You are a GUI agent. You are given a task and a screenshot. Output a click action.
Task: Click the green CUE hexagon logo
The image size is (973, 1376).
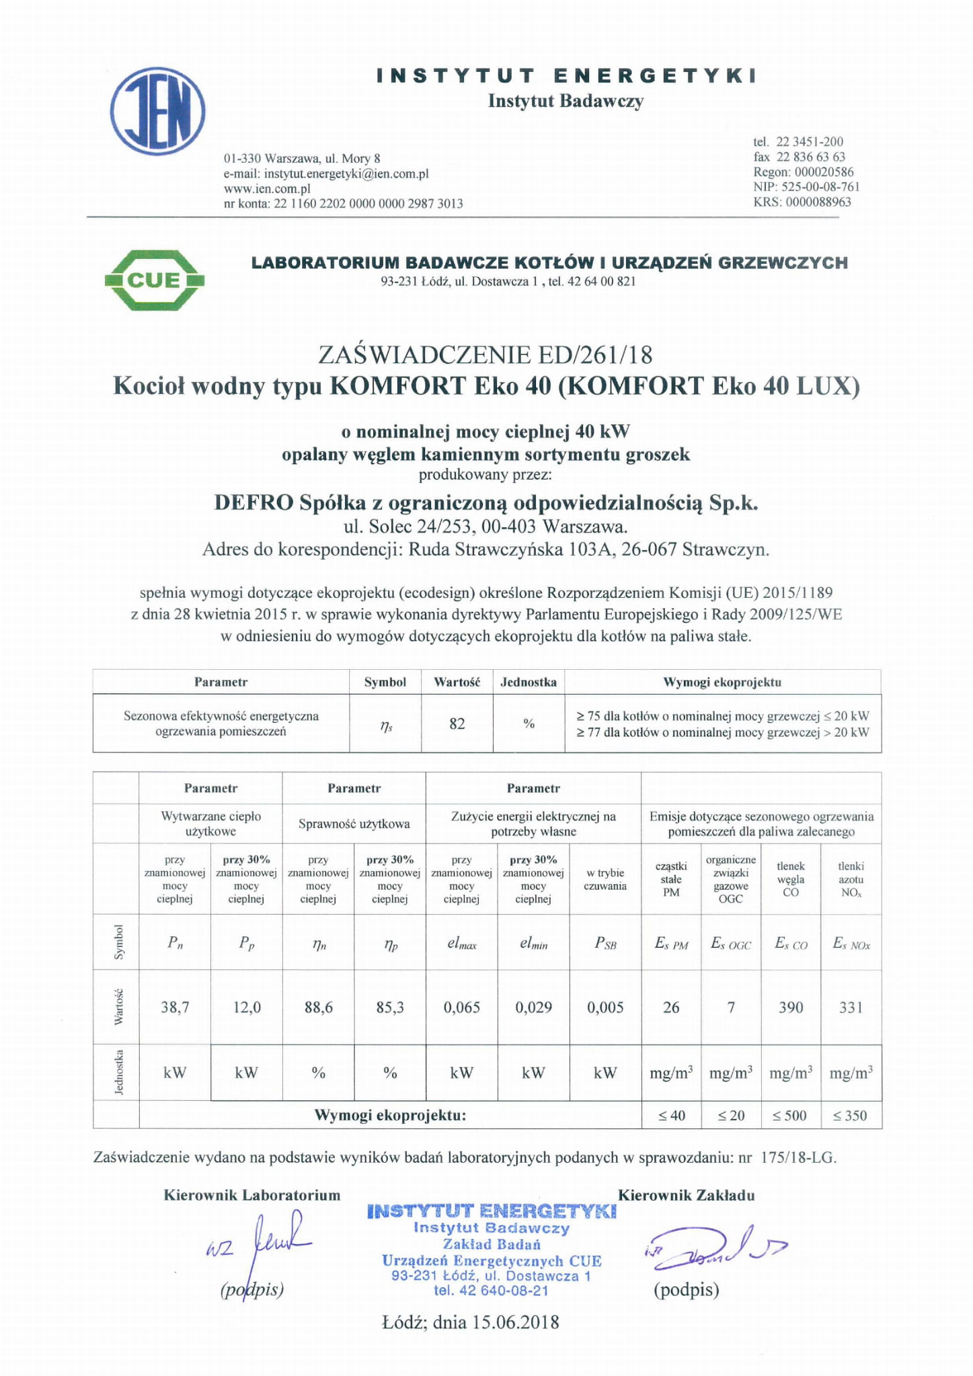click(x=155, y=280)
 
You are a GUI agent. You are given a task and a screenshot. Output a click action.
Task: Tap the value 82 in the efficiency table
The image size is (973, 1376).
click(x=457, y=724)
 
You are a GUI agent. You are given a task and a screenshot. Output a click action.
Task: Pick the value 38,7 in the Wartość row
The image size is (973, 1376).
click(x=175, y=1007)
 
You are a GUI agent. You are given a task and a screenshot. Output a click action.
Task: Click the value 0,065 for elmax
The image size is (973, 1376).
click(x=462, y=1007)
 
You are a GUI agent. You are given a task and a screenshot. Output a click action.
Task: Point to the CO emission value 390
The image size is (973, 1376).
click(x=791, y=1007)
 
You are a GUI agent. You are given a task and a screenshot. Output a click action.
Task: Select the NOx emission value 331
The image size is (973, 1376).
click(x=851, y=1007)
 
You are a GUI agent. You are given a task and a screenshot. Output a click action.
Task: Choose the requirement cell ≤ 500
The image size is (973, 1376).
click(x=790, y=1115)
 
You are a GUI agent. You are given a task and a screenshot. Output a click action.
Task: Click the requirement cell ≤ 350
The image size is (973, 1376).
click(x=851, y=1115)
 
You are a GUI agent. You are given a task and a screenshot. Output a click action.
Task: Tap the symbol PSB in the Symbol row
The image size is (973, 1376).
click(x=605, y=943)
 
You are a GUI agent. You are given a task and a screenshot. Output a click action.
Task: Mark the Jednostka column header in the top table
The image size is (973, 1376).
click(x=529, y=682)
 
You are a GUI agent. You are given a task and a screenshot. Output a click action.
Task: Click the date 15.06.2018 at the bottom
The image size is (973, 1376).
click(x=515, y=1322)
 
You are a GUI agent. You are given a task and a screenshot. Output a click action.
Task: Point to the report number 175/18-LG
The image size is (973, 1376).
click(x=798, y=1157)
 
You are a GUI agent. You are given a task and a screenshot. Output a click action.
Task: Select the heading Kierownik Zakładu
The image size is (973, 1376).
click(x=686, y=1195)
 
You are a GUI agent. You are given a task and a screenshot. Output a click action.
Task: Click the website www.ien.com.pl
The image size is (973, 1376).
click(x=267, y=188)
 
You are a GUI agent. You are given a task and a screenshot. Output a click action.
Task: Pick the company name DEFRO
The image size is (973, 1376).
click(x=254, y=502)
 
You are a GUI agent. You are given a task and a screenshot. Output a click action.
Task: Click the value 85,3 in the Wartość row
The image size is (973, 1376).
click(x=390, y=1007)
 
